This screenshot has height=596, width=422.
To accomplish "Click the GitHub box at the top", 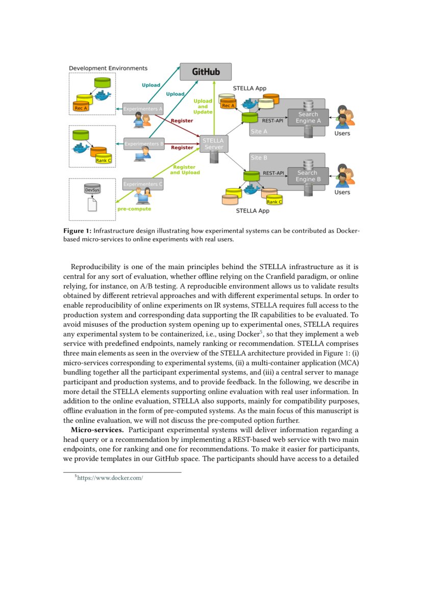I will coord(206,72).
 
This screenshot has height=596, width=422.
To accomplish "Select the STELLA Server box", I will coord(213,144).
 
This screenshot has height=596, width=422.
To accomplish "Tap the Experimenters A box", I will coord(143,109).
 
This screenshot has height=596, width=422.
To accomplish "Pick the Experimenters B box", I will coord(143,144).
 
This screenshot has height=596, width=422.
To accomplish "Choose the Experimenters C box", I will coord(143,184).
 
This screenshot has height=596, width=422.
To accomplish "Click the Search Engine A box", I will coord(308,118).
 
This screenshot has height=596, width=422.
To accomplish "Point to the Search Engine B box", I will coord(308,176).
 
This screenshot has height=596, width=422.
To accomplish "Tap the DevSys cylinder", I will coord(92,189).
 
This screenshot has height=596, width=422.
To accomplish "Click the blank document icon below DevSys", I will coord(92,204).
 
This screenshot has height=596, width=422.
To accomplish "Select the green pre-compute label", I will coord(134,209).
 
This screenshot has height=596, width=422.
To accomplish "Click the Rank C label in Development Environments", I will coord(104,161).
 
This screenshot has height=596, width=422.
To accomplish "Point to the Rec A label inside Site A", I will coord(228,106).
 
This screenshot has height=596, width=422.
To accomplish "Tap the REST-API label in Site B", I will coord(274,173).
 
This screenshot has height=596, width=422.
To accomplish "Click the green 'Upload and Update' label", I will coord(203,106).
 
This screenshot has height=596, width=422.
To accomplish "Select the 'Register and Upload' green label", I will coord(185,170).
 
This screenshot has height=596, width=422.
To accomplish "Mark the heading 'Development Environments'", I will coord(108,68).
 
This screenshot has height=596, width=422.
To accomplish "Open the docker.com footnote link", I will coord(109,478).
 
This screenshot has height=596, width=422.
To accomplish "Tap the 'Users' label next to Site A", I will coord(342,134).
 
